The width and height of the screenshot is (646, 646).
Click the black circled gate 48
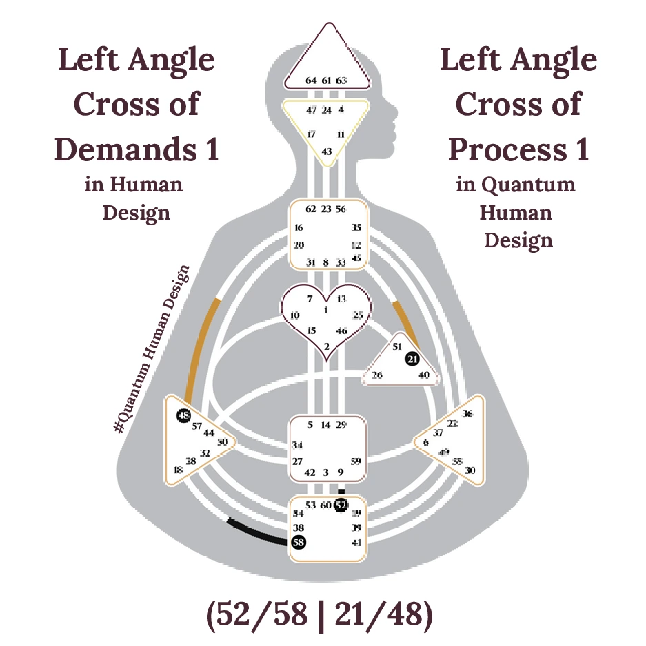point(183,415)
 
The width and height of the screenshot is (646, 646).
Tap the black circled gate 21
point(412,359)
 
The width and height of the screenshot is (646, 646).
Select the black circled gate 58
point(299,543)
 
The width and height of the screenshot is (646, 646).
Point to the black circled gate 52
point(341,505)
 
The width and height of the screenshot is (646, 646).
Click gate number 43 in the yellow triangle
point(327,151)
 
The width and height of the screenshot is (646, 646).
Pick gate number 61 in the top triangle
point(326,81)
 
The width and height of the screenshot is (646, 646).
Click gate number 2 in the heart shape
point(327,346)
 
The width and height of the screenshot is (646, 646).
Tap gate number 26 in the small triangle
point(377,375)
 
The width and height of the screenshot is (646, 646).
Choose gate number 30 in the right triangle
point(470,470)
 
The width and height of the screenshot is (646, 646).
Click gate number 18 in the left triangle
point(178,470)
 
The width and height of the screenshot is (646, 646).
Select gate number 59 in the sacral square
point(356,461)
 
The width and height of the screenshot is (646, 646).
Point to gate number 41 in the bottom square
point(356,543)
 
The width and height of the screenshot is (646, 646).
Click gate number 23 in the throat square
point(326,209)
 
